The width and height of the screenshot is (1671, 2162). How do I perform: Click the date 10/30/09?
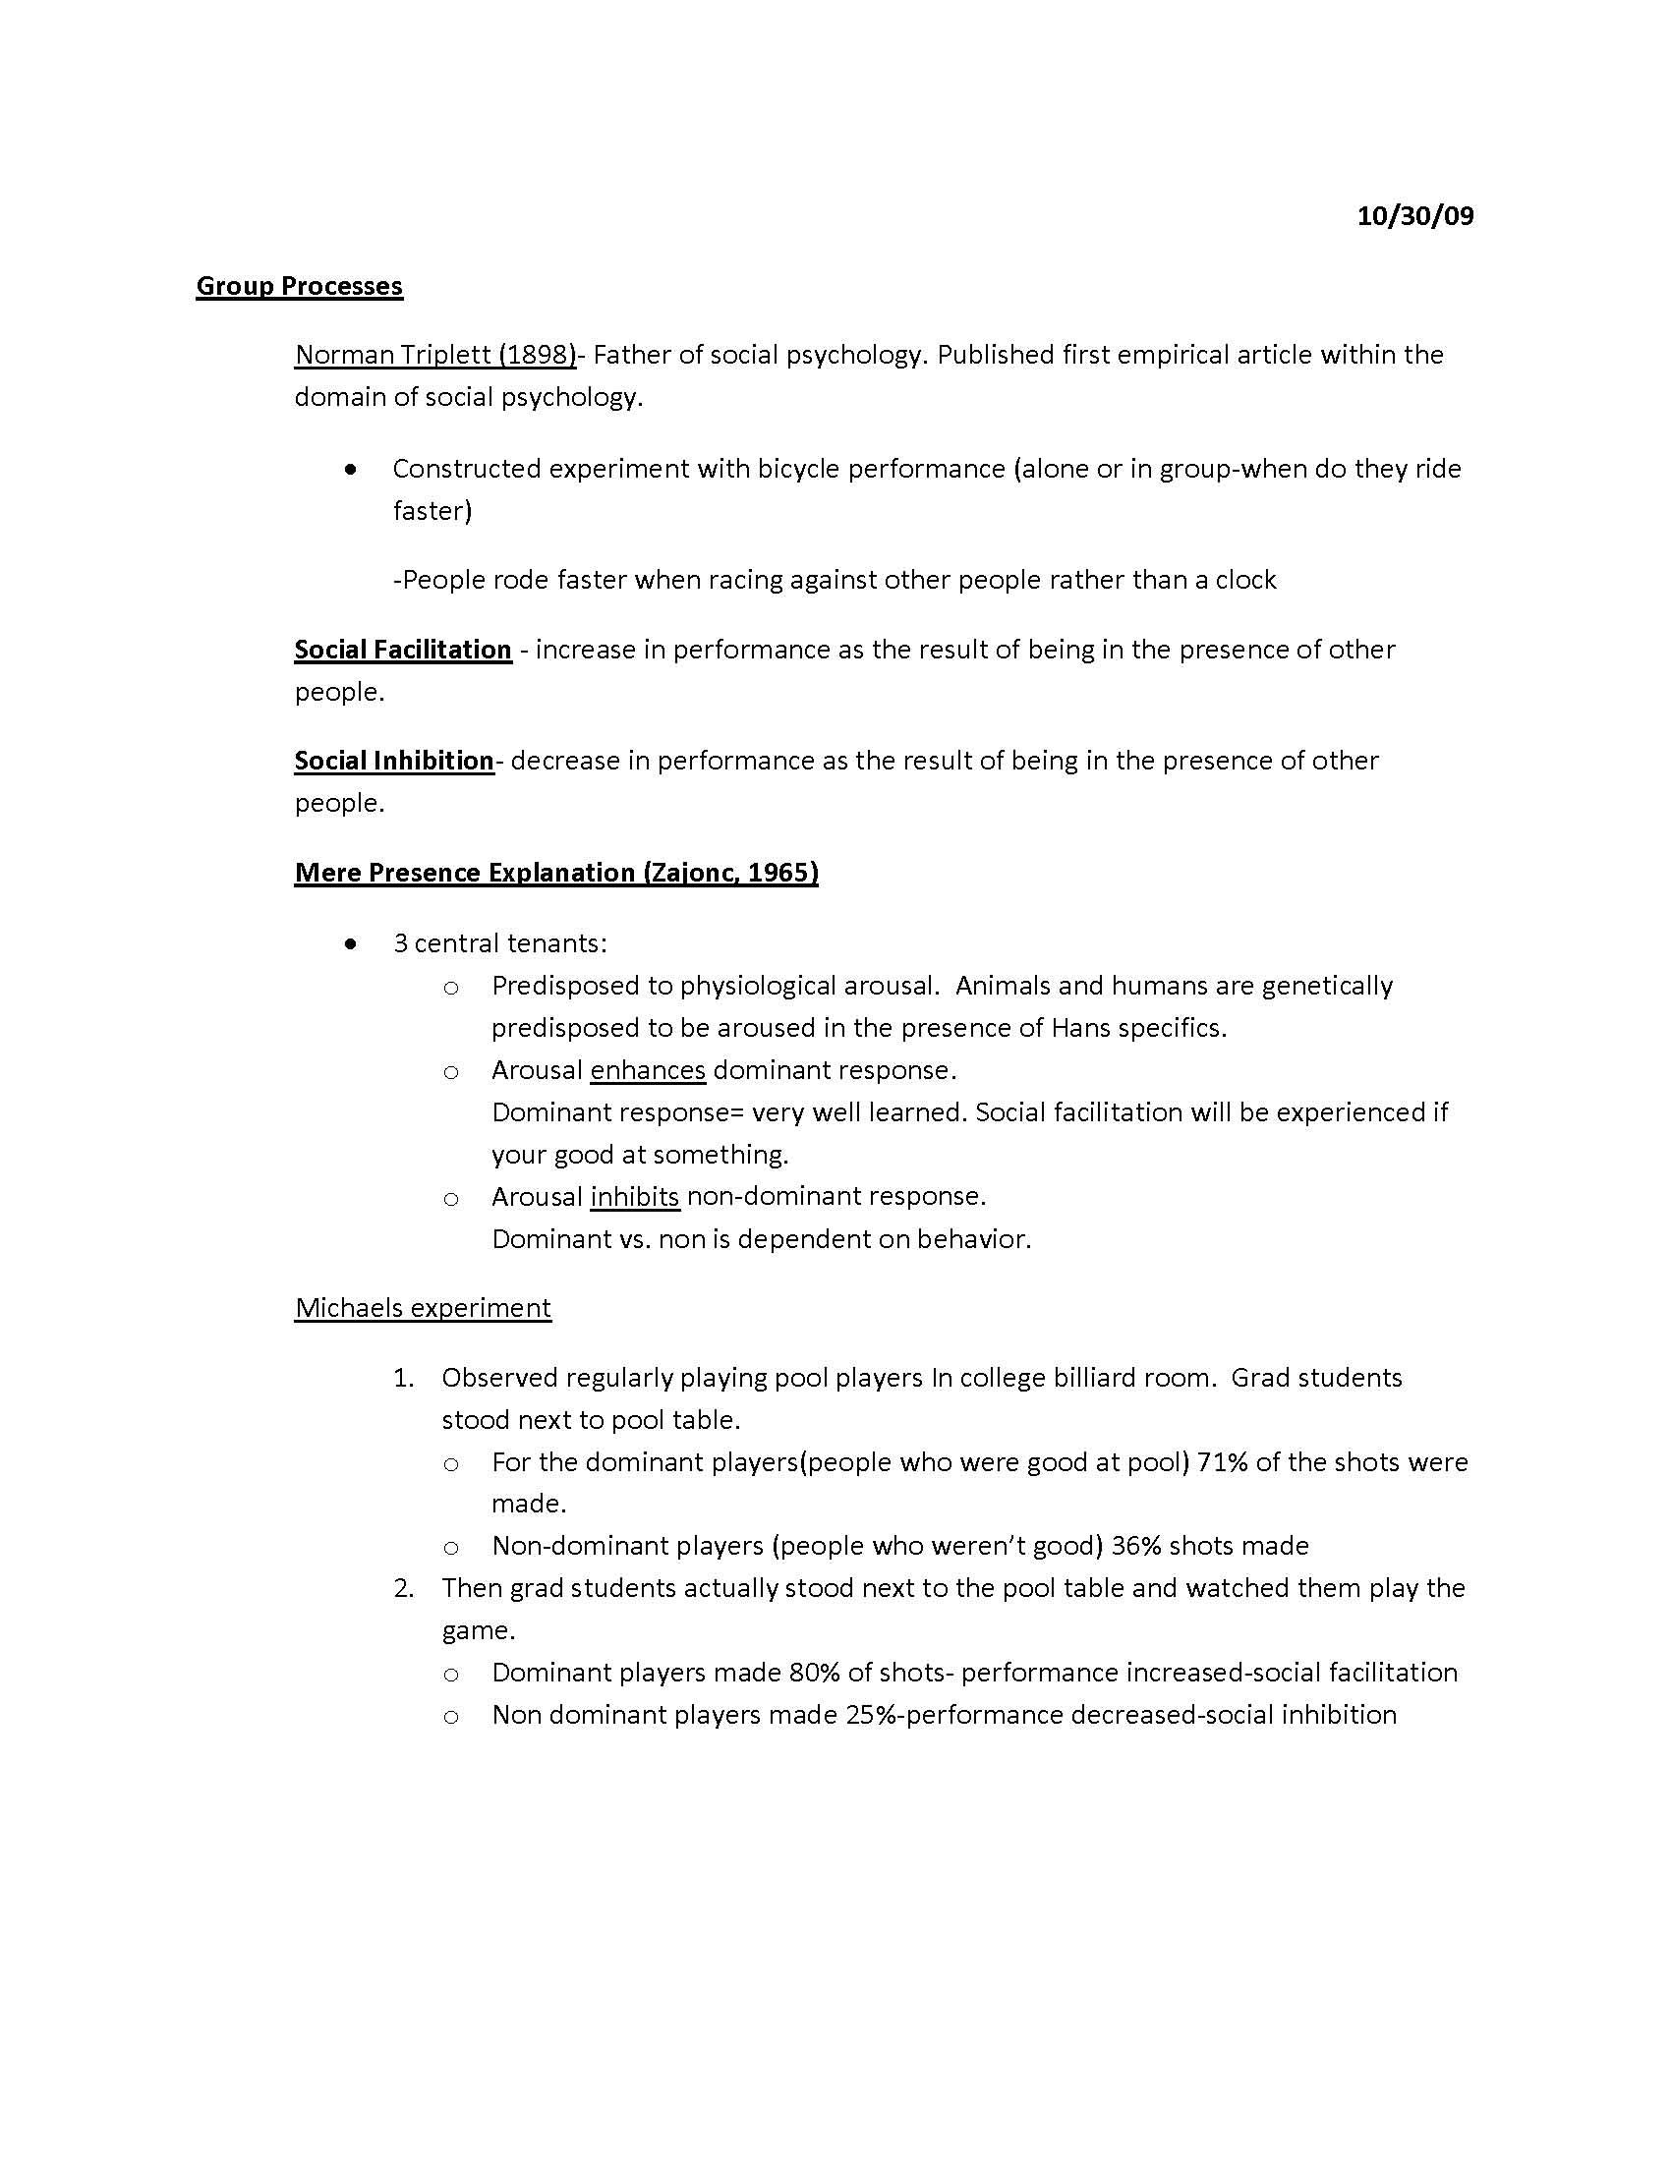tap(1414, 216)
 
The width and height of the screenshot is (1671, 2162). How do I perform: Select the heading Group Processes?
tap(299, 286)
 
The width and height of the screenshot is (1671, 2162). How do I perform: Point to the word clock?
tap(1245, 579)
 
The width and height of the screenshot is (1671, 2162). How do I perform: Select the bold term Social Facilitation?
tap(403, 650)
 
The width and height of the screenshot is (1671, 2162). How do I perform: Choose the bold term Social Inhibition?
tap(394, 761)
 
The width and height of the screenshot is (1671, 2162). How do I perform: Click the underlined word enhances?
tap(648, 1070)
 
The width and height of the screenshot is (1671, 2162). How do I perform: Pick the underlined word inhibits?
tap(635, 1196)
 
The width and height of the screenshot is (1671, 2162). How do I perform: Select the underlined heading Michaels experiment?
tap(423, 1308)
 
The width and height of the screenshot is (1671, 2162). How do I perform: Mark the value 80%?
tap(815, 1672)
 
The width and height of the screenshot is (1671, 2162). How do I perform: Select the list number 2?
tap(403, 1588)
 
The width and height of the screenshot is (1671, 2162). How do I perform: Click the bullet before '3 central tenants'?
tap(351, 944)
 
